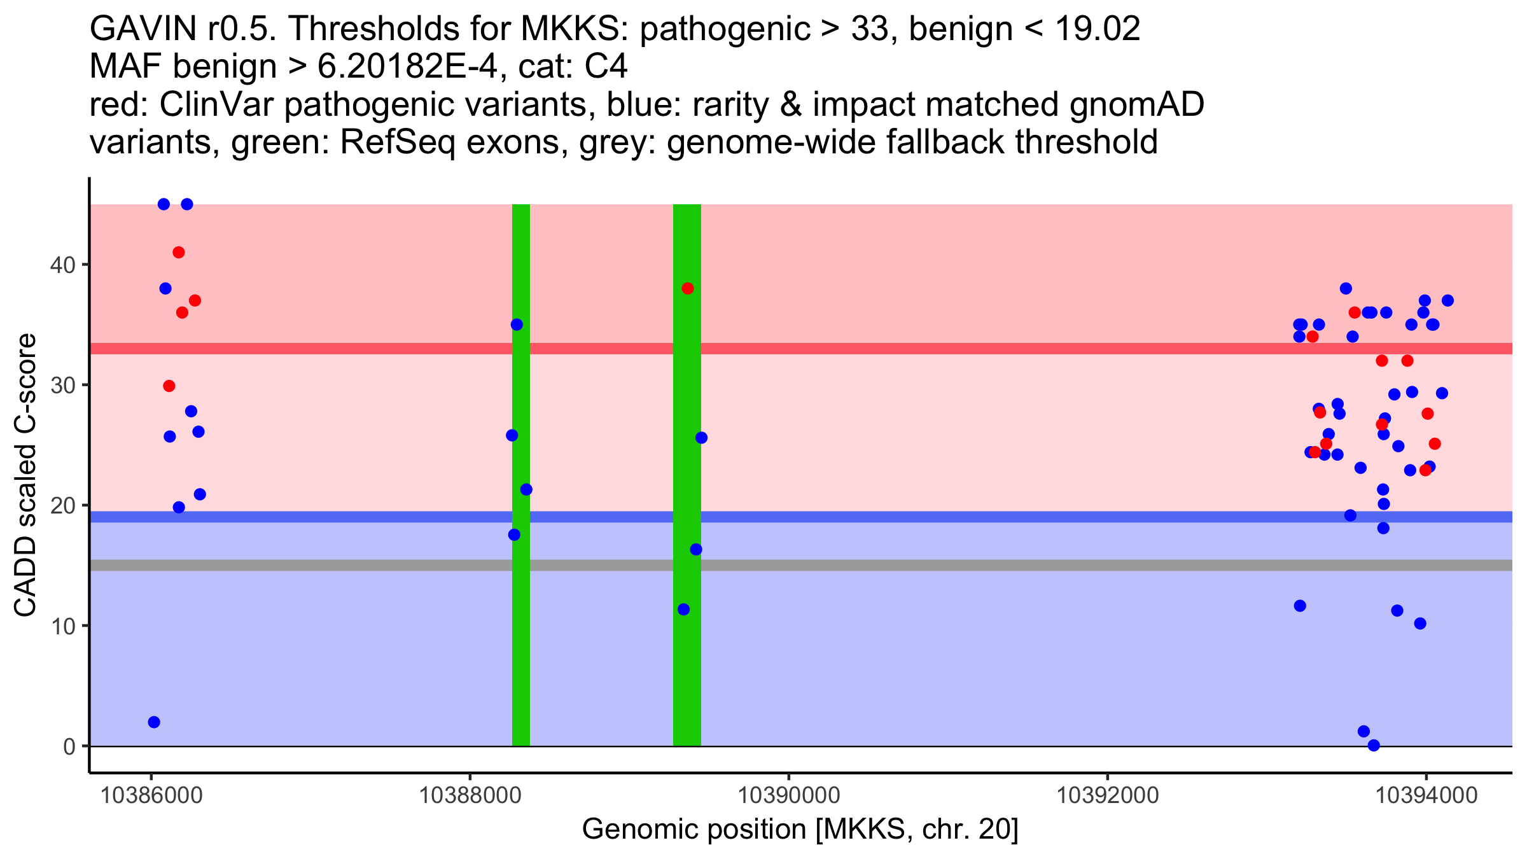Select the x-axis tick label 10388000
(470, 795)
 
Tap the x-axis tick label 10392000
(1108, 795)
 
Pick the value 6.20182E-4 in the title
(407, 67)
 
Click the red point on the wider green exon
(688, 289)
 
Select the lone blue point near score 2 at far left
(154, 722)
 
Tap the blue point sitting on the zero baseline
(1374, 745)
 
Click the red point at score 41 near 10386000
(179, 253)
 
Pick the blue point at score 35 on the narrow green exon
(517, 325)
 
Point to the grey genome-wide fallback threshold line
(954, 566)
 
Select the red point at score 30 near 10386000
(169, 386)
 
